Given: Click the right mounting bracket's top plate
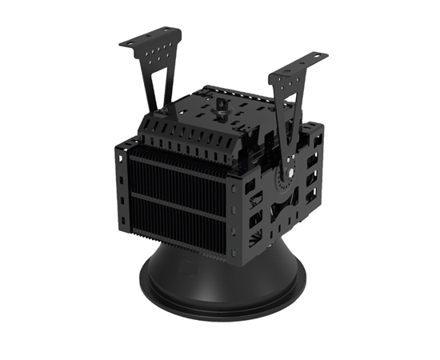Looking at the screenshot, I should click(298, 66).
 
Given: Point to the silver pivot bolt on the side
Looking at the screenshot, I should click(293, 171).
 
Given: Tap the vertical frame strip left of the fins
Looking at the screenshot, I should click(123, 184).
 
